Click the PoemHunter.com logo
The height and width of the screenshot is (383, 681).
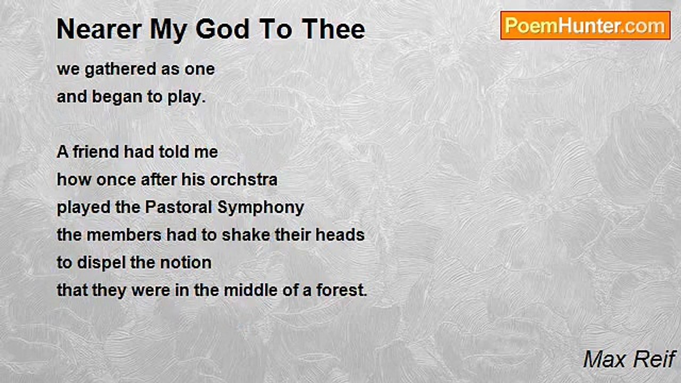pyautogui.click(x=585, y=26)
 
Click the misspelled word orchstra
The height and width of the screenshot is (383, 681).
pyautogui.click(x=244, y=180)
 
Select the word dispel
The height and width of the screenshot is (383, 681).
pyautogui.click(x=103, y=263)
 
